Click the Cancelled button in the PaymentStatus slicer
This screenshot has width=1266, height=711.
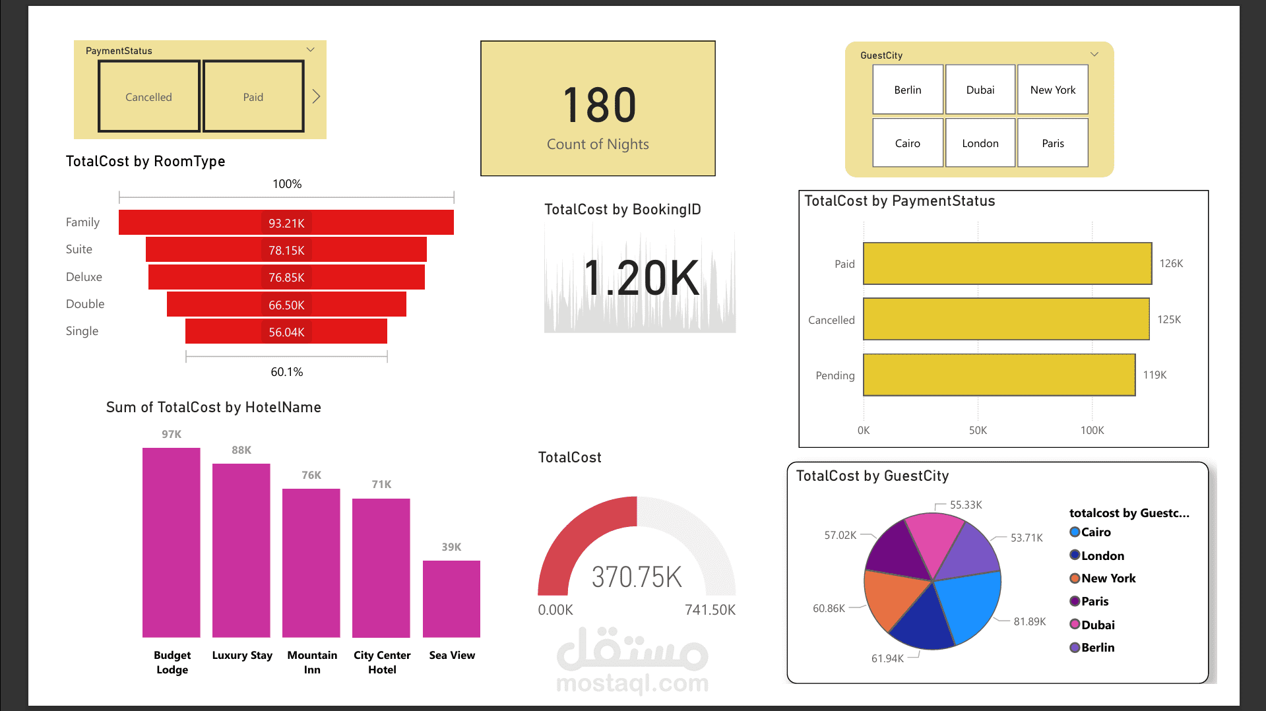click(148, 97)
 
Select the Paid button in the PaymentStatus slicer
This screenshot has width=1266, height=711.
click(253, 97)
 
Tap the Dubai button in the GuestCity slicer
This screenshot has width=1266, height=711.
click(980, 90)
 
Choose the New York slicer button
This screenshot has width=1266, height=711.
click(1052, 90)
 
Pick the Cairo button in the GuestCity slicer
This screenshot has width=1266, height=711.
click(907, 143)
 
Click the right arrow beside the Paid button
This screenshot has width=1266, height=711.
click(316, 97)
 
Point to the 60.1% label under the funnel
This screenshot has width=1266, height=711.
click(287, 372)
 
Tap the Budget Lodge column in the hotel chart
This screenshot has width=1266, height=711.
click(172, 542)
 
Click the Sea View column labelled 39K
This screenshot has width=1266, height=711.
click(451, 598)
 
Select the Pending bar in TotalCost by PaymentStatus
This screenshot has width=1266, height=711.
click(999, 375)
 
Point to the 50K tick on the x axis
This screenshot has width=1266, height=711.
click(978, 430)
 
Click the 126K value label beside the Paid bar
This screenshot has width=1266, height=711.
click(1171, 264)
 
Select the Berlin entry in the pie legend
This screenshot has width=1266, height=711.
click(1097, 648)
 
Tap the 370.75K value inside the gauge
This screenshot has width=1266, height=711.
click(637, 577)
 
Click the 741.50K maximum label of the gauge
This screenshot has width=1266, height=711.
click(710, 610)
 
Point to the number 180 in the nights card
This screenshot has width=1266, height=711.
click(600, 106)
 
